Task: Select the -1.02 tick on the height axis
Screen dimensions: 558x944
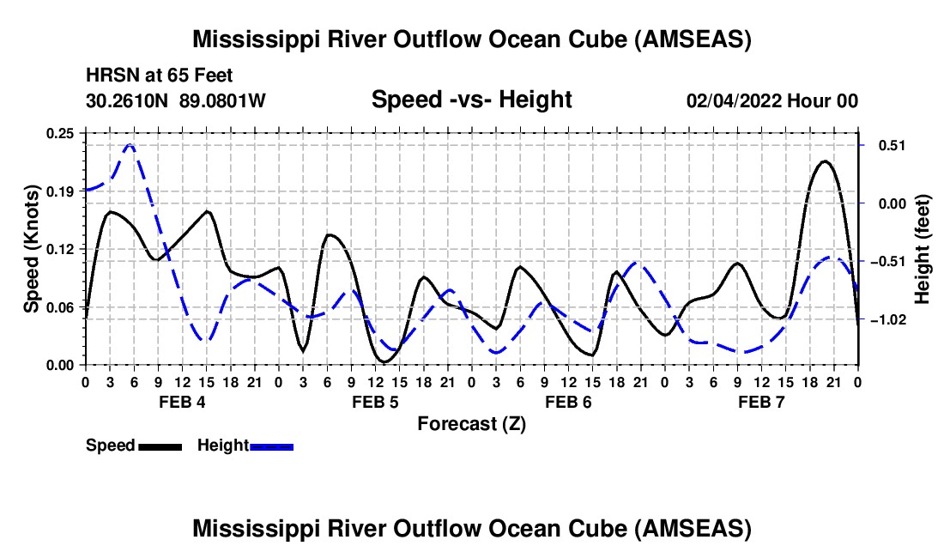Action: (x=886, y=319)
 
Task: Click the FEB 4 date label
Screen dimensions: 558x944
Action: (x=181, y=402)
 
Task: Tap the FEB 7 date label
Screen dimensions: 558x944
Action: (x=761, y=402)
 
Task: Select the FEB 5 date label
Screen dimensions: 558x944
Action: (x=374, y=402)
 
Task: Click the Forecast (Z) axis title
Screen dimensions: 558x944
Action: (x=471, y=423)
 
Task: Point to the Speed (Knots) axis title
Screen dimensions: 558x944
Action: (x=32, y=249)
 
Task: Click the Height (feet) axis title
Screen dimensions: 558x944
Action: (x=923, y=249)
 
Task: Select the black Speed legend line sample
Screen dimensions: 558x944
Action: (x=160, y=446)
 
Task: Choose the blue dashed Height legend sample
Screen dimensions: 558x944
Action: (x=271, y=446)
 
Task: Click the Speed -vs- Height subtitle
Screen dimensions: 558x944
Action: (x=471, y=100)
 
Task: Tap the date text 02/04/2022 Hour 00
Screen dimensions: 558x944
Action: (x=772, y=101)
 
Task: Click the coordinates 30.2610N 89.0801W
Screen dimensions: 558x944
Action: (x=176, y=101)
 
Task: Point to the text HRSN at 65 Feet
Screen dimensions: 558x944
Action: (x=159, y=76)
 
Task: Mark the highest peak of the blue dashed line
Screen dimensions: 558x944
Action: (x=130, y=145)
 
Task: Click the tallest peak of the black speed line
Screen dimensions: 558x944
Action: (x=826, y=161)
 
